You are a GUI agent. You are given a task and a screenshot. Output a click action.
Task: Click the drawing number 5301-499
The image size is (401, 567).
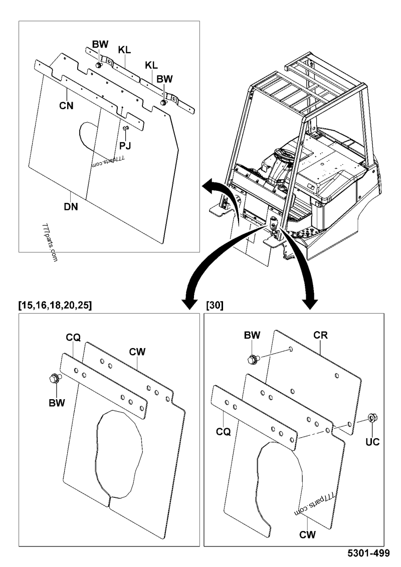(x=368, y=553)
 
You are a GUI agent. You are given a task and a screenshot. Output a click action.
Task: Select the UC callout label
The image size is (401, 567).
(x=372, y=441)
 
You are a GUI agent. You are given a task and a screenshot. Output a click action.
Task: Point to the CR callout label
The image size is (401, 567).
(x=321, y=335)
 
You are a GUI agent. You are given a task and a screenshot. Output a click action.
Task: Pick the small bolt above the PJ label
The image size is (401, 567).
(x=126, y=128)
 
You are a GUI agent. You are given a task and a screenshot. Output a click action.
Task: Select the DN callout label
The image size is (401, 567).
(x=71, y=207)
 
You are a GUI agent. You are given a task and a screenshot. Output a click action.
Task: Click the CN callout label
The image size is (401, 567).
(x=66, y=106)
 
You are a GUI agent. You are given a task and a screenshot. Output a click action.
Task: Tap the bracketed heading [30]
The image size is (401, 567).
(x=215, y=305)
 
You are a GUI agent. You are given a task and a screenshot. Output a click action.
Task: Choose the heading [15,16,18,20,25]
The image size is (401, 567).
(x=55, y=305)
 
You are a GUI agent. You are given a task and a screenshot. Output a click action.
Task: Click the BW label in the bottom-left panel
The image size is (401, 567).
(x=57, y=403)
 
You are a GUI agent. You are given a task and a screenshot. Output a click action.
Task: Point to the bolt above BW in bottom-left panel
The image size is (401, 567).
(x=55, y=378)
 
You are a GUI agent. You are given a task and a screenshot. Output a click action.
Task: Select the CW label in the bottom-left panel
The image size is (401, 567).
(x=137, y=352)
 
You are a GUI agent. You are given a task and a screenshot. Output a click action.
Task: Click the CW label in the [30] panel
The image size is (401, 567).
(x=308, y=534)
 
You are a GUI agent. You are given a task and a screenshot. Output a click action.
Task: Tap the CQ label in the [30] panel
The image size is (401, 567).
(x=223, y=431)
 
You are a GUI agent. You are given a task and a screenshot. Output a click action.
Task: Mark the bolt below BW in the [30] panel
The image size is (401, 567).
(x=253, y=359)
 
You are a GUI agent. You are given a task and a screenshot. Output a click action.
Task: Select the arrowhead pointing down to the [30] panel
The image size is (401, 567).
(x=310, y=304)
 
